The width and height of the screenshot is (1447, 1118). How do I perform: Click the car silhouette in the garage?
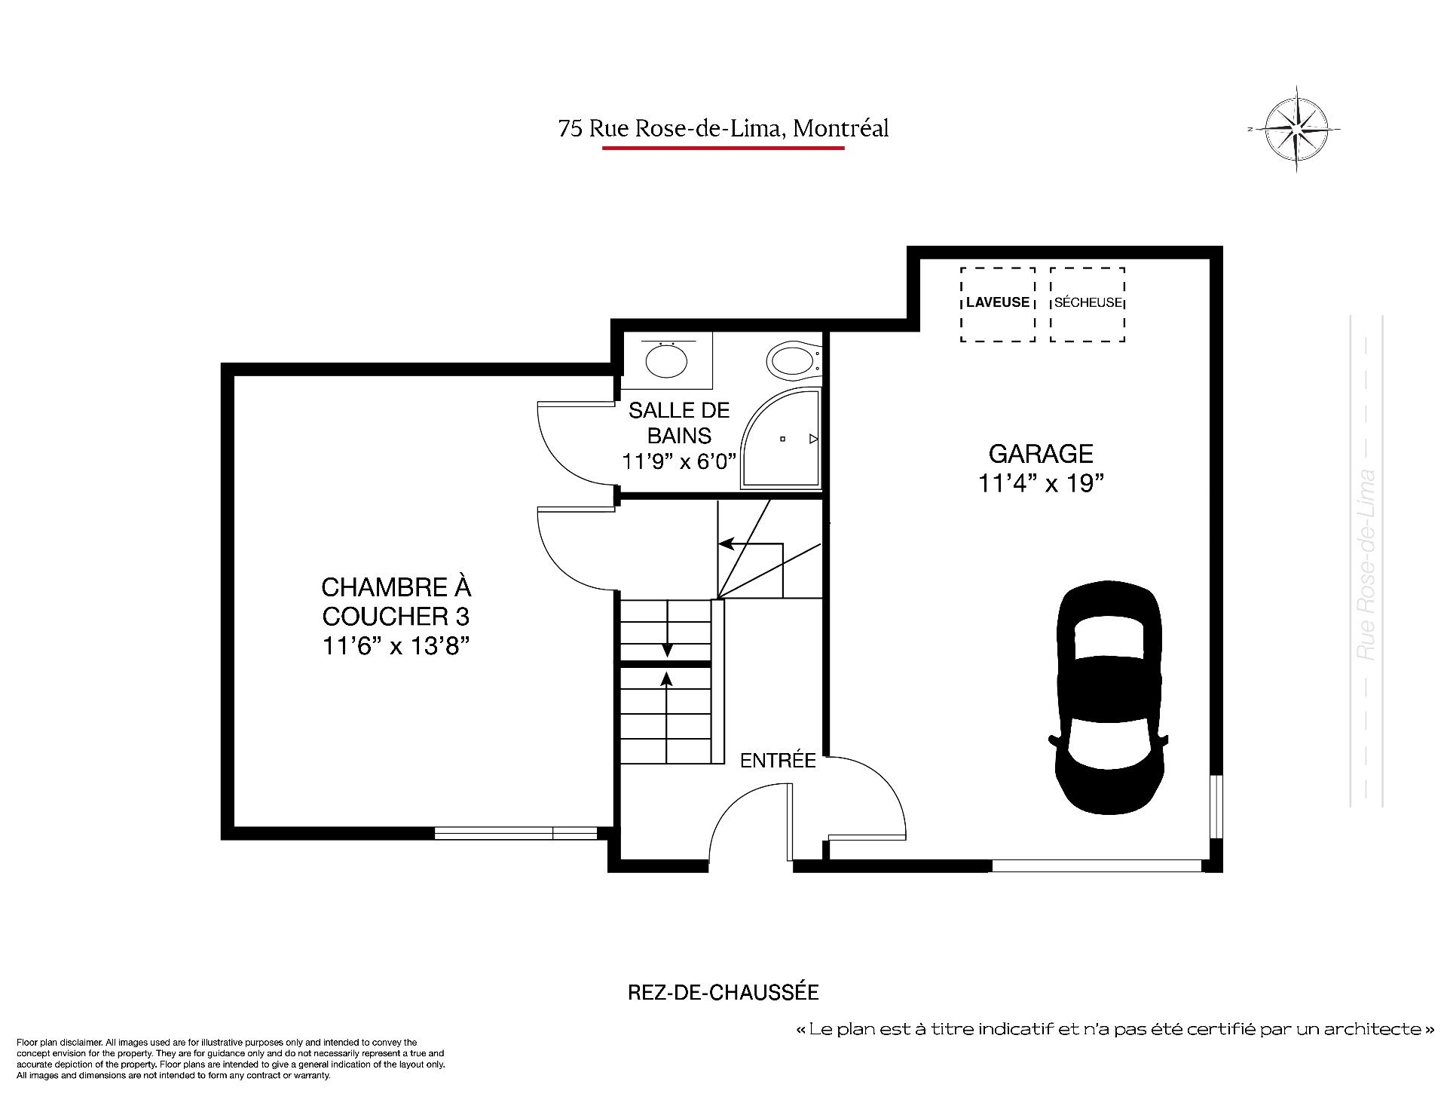point(1109,693)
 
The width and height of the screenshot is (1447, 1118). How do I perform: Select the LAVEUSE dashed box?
point(998,305)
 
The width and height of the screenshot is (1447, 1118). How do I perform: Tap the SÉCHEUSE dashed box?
point(1088,305)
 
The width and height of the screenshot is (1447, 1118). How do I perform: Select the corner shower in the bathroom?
point(781,439)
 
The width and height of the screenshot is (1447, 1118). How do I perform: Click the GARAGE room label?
point(1041,454)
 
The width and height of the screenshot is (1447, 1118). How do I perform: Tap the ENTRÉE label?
point(778,761)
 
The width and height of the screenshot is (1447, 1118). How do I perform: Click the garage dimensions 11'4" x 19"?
point(1041,483)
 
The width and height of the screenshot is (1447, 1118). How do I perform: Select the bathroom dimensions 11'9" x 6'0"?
point(679,461)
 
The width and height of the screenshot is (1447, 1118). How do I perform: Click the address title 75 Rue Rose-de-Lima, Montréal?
point(723,129)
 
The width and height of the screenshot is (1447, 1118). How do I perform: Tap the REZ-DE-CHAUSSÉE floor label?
point(723,992)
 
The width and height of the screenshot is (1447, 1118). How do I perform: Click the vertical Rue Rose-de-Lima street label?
point(1366,565)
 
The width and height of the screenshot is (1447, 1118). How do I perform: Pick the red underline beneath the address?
point(723,149)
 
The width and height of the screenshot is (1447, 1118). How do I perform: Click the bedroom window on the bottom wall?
point(516,833)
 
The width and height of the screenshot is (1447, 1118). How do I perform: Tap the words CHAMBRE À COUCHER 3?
point(396,602)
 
